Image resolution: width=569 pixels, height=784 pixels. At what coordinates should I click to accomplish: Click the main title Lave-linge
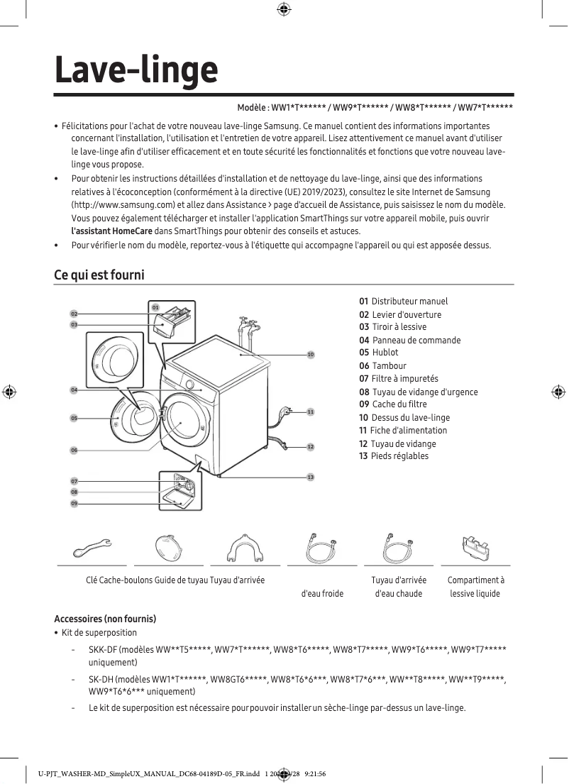(136, 70)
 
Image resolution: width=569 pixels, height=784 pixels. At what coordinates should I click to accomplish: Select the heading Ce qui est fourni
(99, 274)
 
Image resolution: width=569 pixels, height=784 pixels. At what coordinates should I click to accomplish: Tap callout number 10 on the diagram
(310, 354)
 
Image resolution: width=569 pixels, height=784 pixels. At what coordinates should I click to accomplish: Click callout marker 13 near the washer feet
(310, 477)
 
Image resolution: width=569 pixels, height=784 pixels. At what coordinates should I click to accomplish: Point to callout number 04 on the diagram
(74, 390)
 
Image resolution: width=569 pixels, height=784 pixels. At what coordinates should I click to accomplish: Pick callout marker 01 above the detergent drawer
(155, 307)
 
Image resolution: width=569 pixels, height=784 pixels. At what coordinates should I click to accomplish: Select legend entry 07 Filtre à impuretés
(399, 379)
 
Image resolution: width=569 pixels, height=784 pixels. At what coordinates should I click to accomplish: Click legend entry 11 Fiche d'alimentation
(403, 431)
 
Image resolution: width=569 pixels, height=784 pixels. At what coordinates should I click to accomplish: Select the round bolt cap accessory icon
(168, 547)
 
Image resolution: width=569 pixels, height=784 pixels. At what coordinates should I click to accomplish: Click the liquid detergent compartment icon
(475, 547)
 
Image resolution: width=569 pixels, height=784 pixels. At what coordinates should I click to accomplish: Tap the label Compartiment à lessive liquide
(475, 587)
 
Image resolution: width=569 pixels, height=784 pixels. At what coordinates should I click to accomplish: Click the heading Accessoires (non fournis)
(105, 619)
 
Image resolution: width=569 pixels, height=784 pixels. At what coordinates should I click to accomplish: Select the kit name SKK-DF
(102, 650)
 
